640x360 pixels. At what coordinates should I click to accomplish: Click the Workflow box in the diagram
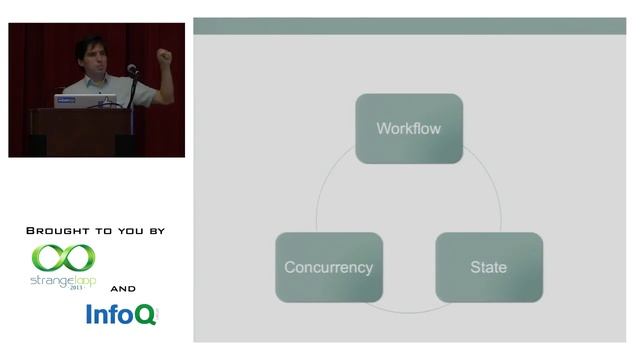[409, 128]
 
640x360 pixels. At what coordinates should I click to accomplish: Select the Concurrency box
[328, 267]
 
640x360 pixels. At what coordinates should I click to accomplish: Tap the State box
[488, 267]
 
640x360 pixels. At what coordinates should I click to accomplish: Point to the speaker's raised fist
[164, 57]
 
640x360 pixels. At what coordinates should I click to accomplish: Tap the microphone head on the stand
[131, 69]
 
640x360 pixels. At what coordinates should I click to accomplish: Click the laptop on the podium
[85, 101]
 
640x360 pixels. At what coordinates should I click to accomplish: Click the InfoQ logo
[120, 315]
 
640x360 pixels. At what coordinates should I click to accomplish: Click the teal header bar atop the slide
[409, 25]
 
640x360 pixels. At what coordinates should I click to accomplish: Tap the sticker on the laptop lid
[66, 101]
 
